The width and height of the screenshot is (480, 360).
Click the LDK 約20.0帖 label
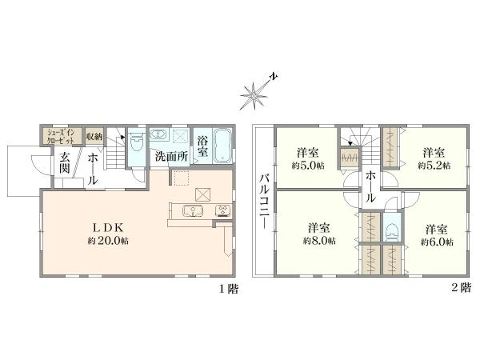tap(108, 234)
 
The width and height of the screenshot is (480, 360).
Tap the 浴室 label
tap(202, 146)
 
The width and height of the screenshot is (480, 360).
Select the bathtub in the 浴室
tap(222, 146)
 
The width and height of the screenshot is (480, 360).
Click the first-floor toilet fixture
tap(137, 143)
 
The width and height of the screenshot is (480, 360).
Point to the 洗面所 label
tap(171, 157)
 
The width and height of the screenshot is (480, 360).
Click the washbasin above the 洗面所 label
tap(158, 134)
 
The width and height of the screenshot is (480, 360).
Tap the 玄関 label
tap(65, 162)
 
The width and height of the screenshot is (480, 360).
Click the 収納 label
tap(94, 136)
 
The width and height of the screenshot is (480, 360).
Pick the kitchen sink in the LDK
tap(193, 211)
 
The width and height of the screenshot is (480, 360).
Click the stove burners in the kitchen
tap(223, 210)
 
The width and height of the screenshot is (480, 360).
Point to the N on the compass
tap(274, 76)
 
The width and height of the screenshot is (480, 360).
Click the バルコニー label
tap(264, 202)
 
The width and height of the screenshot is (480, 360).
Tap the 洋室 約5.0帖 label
tap(308, 159)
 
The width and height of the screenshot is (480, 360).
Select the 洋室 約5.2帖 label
tap(434, 159)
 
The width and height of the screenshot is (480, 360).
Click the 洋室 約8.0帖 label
tap(319, 234)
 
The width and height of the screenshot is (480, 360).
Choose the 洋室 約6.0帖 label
tap(437, 235)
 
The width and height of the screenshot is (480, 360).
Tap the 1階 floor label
tap(229, 289)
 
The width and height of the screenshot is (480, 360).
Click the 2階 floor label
tap(462, 287)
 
